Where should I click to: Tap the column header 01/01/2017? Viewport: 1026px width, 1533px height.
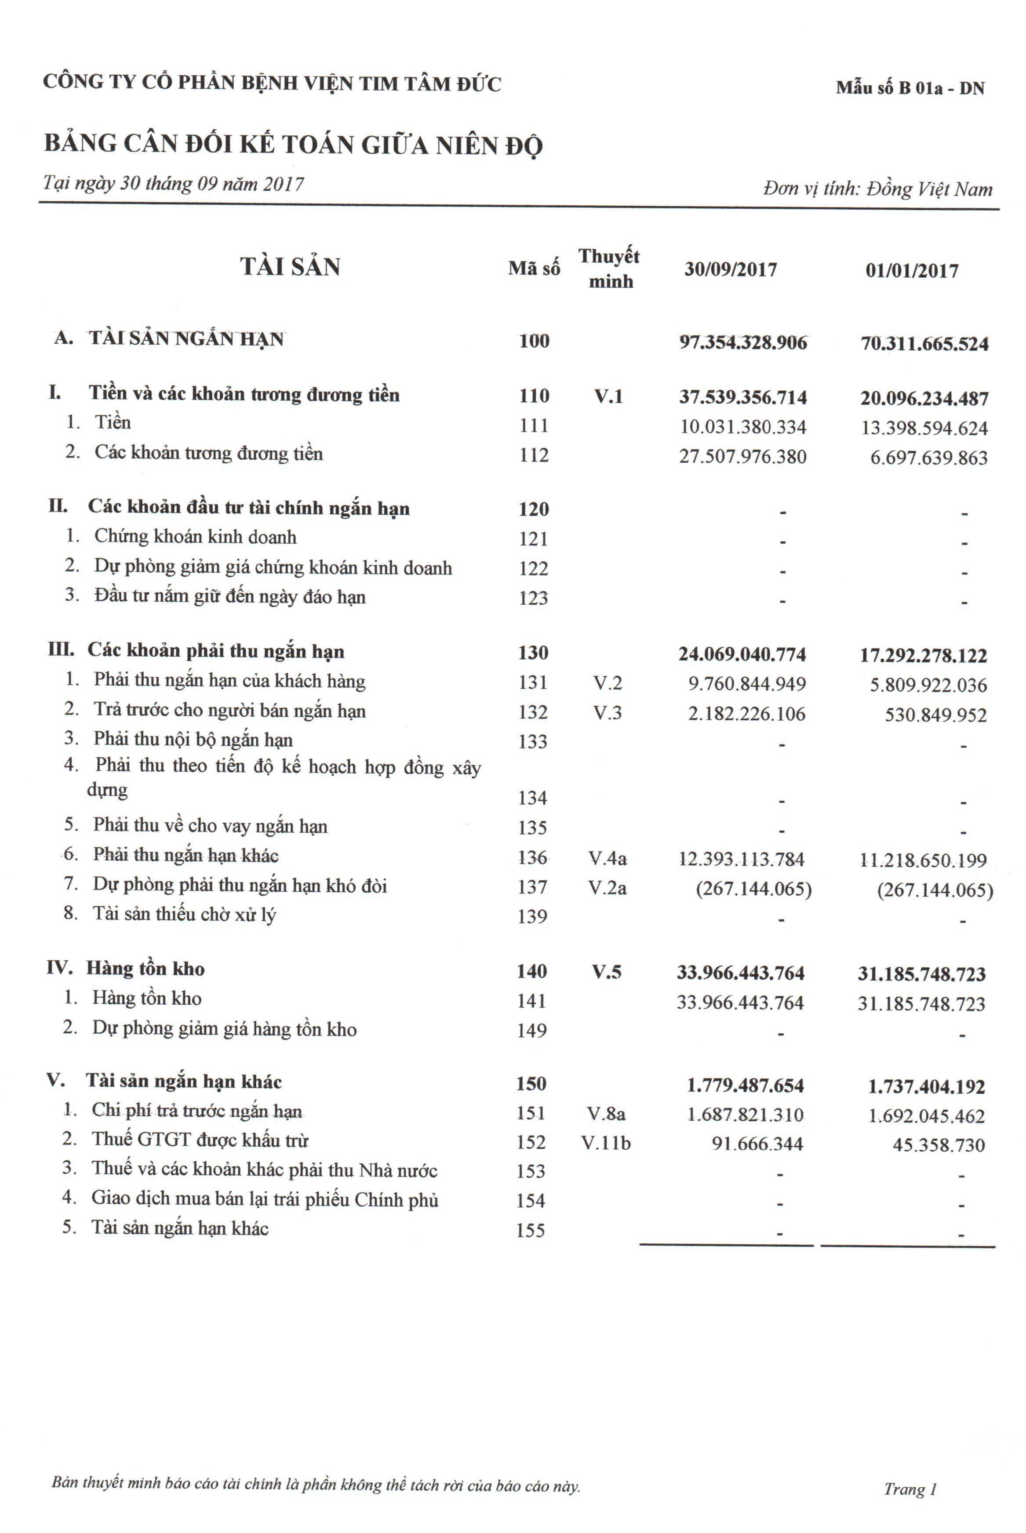(x=912, y=271)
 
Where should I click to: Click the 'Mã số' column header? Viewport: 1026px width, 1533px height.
(x=534, y=268)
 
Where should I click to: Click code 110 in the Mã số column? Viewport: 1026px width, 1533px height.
(x=534, y=396)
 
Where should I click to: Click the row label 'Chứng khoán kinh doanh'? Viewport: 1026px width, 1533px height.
(x=195, y=537)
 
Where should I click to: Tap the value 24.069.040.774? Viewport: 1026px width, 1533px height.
(x=742, y=654)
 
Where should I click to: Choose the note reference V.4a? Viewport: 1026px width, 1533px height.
(x=607, y=857)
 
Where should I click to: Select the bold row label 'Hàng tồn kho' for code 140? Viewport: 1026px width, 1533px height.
(x=145, y=969)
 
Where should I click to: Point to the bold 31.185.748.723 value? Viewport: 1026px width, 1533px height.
(x=921, y=974)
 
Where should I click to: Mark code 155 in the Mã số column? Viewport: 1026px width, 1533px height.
(x=531, y=1230)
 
